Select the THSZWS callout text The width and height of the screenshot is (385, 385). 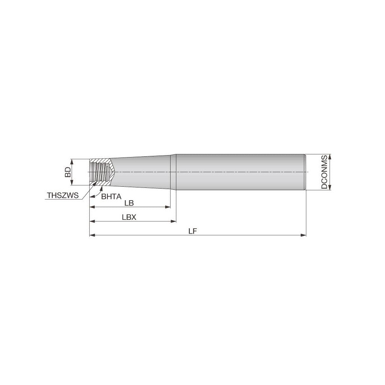click(x=63, y=196)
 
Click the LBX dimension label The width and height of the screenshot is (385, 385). click(x=129, y=217)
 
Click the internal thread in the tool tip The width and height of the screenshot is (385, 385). click(x=100, y=172)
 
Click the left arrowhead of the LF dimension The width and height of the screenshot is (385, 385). click(x=92, y=234)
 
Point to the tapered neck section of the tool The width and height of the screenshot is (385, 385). click(x=142, y=172)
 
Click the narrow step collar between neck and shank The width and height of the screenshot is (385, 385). click(x=173, y=172)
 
